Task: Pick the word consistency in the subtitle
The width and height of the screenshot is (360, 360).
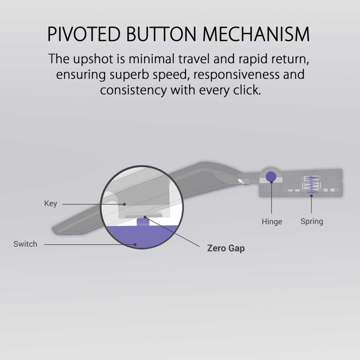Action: [x=133, y=90]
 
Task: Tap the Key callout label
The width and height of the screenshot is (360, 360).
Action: [x=50, y=204]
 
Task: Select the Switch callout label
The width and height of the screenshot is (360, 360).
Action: [x=25, y=244]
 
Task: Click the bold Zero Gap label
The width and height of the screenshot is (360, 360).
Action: [x=226, y=248]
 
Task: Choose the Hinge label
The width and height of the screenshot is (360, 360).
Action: [x=272, y=222]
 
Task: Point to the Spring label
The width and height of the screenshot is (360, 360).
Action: [x=312, y=221]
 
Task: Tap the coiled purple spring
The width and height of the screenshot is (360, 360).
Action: [x=311, y=185]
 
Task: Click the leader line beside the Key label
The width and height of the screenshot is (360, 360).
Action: [x=92, y=204]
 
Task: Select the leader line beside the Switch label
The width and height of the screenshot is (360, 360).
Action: [x=88, y=244]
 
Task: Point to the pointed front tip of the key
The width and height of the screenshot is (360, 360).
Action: [x=53, y=231]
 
